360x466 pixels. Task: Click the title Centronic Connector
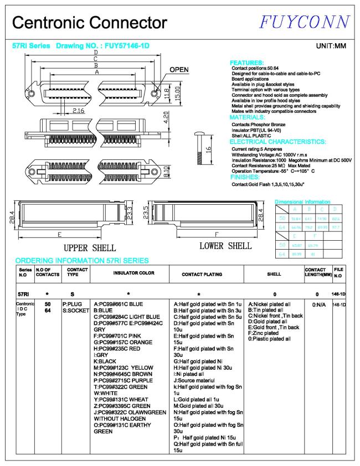[x=89, y=23]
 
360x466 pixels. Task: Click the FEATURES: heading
[x=246, y=63]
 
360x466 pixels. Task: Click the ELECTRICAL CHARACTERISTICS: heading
[x=277, y=142]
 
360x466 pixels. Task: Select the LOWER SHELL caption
[x=225, y=246]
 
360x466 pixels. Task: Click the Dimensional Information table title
[x=302, y=202]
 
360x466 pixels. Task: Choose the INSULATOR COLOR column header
[x=128, y=273]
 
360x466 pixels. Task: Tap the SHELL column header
[x=274, y=273]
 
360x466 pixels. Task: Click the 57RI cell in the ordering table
[x=24, y=293]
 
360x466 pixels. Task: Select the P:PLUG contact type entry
[x=72, y=304]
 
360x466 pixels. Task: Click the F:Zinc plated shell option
[x=264, y=333]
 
